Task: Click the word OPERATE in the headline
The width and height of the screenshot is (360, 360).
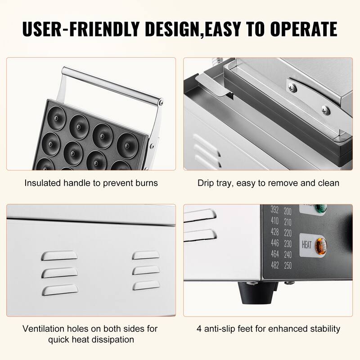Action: click(303, 29)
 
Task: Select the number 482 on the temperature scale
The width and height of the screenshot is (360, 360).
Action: click(275, 265)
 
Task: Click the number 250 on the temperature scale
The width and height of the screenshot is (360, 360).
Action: click(288, 265)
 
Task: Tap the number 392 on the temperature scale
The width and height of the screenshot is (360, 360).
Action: click(274, 210)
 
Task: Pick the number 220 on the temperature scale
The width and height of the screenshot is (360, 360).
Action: click(288, 233)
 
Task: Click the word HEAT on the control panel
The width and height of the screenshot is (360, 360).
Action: click(306, 245)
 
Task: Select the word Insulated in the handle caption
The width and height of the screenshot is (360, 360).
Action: click(43, 183)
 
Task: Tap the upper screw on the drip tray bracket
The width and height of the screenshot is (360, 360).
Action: click(293, 87)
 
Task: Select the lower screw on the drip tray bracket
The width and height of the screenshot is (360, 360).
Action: click(326, 110)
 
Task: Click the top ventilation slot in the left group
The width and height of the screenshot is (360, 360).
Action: click(59, 256)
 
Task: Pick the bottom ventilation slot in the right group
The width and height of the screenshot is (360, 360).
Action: click(146, 285)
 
